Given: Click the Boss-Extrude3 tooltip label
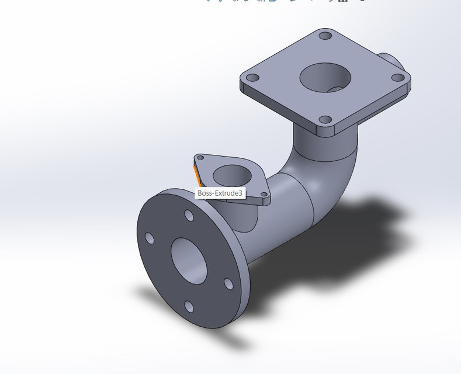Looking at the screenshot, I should [220, 193].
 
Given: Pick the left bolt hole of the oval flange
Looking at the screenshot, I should [200, 158].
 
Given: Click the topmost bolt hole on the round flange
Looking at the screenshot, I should [189, 216].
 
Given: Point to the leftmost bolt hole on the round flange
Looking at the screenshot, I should [149, 238].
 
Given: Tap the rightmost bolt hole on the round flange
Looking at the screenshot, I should [228, 284].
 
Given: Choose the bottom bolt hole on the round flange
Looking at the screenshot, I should [189, 306].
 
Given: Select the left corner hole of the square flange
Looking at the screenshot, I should [252, 78].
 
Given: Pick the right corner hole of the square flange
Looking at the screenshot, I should [397, 77].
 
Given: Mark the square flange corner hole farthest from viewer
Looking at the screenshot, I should [325, 36].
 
